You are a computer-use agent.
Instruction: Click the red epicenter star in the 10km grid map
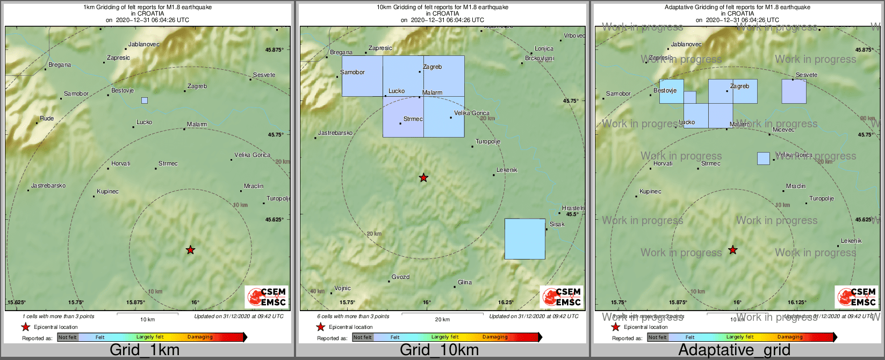tap(423, 177)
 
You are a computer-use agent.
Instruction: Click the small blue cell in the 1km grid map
tap(145, 100)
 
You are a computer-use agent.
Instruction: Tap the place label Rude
tap(47, 118)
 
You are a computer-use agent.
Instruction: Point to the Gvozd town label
tap(400, 277)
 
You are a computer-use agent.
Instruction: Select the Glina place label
tap(465, 282)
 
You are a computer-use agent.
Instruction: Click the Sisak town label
tap(557, 224)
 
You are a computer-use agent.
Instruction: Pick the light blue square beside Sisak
tap(525, 239)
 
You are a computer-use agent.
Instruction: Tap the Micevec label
tap(783, 129)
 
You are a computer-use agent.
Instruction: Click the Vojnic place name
tap(342, 289)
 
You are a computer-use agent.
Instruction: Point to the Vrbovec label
tap(574, 35)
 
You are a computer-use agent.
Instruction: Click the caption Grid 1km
tap(145, 350)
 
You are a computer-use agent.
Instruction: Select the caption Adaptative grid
tap(734, 350)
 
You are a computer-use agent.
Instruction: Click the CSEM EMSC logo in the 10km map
tap(562, 297)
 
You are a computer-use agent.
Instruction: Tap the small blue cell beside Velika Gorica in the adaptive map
tap(763, 159)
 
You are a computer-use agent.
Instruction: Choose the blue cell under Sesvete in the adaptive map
tap(794, 91)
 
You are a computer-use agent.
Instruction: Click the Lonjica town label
tap(544, 48)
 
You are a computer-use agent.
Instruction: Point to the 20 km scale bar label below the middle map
tap(442, 320)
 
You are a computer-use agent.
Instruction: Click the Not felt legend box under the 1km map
tap(68, 337)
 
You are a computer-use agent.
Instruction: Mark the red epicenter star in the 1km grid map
tap(190, 250)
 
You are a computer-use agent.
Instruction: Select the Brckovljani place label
tap(539, 58)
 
